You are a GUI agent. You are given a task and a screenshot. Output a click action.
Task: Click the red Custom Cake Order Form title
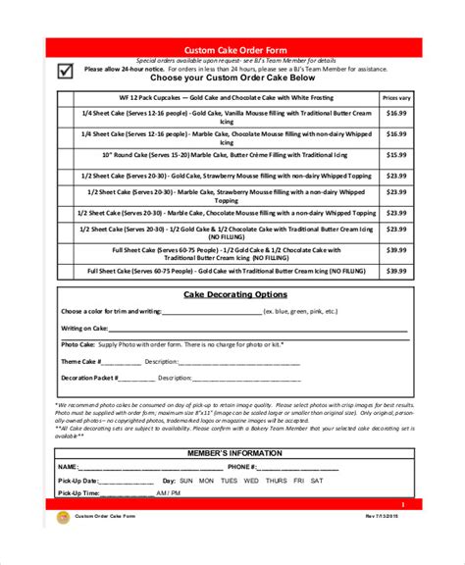pyautogui.click(x=235, y=49)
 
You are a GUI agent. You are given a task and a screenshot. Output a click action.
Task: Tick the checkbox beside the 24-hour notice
pyautogui.click(x=65, y=70)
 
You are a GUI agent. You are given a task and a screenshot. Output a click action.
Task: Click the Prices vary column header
pyautogui.click(x=396, y=98)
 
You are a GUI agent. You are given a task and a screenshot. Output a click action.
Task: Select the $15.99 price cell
pyautogui.click(x=396, y=155)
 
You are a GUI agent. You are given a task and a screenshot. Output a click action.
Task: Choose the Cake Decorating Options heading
pyautogui.click(x=235, y=294)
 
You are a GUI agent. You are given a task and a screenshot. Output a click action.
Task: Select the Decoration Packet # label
pyautogui.click(x=89, y=377)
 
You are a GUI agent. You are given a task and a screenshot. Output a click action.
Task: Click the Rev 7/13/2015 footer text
pyautogui.click(x=384, y=516)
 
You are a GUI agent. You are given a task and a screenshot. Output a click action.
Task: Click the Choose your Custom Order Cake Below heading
pyautogui.click(x=235, y=81)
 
